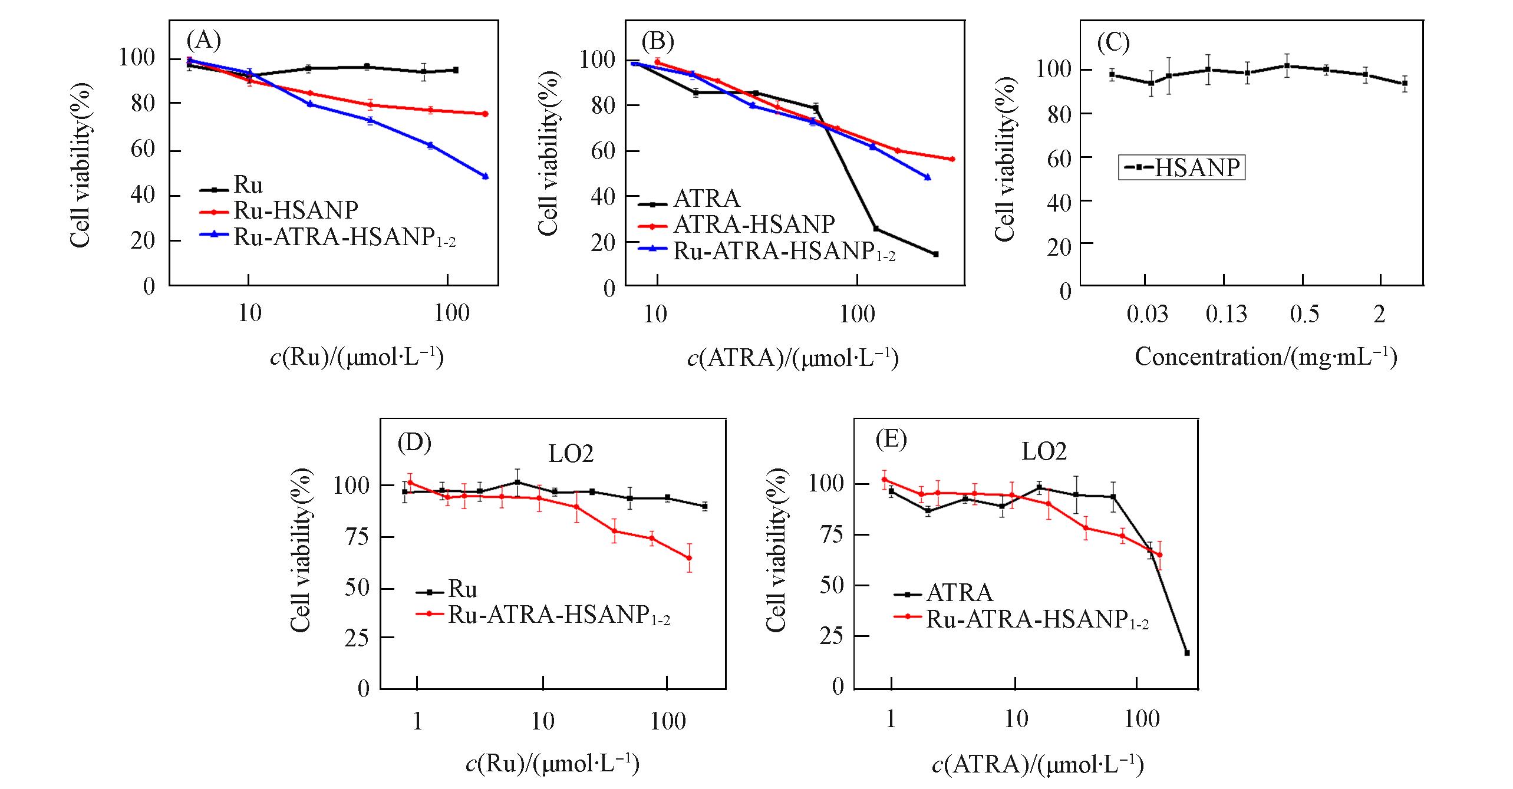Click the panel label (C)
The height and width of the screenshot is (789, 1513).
[x=1113, y=43]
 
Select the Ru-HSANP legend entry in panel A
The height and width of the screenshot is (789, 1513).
[x=295, y=210]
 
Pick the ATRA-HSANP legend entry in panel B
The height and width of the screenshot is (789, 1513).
[x=754, y=224]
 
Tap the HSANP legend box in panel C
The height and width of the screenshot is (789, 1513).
[x=1181, y=167]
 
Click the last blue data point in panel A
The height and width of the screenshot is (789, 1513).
[x=485, y=176]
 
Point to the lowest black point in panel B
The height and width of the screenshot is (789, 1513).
[x=935, y=254]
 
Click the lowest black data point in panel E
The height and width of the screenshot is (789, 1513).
[x=1186, y=653]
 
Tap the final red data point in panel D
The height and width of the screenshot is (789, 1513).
[x=689, y=557]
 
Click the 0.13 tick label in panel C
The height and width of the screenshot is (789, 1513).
[x=1226, y=314]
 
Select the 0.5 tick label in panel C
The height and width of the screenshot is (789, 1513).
[x=1304, y=314]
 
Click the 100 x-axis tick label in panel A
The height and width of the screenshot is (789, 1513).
[x=451, y=313]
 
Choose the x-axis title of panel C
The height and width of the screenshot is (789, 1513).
[x=1265, y=357]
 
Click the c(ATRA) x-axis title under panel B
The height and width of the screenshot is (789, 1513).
[x=793, y=358]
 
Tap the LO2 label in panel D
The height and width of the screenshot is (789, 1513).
[x=571, y=454]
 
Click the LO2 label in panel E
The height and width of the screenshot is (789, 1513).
[x=1044, y=451]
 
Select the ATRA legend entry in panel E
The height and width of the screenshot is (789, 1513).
[x=959, y=592]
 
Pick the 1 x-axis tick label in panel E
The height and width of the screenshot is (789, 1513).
[x=891, y=719]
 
